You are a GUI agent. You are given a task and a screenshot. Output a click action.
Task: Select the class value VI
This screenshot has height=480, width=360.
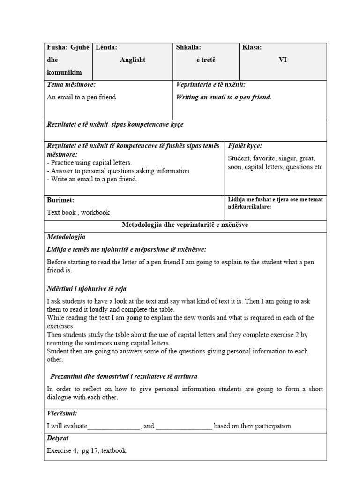[x=283, y=60]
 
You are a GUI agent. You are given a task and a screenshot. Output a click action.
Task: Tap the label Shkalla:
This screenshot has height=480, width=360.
[x=188, y=47]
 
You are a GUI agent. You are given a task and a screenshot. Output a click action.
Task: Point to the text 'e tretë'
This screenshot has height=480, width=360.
[x=206, y=60]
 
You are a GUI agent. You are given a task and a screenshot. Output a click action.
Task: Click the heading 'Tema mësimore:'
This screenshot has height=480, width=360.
[x=71, y=85]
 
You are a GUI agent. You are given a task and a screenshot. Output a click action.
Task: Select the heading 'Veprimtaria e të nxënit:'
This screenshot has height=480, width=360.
[x=211, y=85]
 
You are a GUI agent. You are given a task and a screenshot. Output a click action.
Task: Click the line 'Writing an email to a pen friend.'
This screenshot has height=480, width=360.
[x=224, y=97]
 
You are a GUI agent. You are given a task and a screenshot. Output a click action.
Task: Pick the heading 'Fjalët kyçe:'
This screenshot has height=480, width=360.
[x=245, y=146]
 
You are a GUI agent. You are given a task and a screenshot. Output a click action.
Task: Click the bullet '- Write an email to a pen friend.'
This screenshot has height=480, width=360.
[x=92, y=180]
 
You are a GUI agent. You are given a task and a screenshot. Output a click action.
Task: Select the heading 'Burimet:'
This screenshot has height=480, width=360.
[x=60, y=200]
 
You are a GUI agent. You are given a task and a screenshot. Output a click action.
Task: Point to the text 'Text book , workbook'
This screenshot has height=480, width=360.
[x=78, y=212]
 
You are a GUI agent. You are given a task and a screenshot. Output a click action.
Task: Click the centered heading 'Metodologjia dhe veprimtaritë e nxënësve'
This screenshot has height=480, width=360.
[x=185, y=225]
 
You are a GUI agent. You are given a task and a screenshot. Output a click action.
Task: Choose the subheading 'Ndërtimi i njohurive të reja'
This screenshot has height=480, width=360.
[x=87, y=289]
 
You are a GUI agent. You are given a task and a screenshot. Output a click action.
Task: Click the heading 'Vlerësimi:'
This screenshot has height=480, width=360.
[x=62, y=413]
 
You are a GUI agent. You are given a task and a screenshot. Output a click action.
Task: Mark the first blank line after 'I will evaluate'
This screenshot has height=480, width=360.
[x=113, y=426]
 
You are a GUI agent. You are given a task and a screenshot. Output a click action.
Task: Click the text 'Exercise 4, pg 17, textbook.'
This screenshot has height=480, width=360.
[x=87, y=451]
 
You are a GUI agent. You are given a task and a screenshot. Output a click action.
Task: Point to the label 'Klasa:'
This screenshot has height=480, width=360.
[x=252, y=47]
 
